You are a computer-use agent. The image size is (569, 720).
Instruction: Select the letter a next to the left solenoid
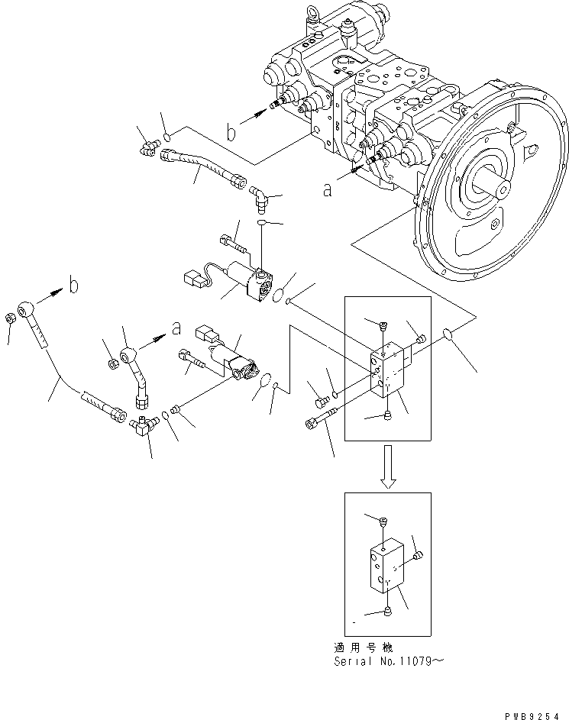click(176, 329)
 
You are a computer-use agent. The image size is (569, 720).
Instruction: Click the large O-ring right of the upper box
click(449, 334)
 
